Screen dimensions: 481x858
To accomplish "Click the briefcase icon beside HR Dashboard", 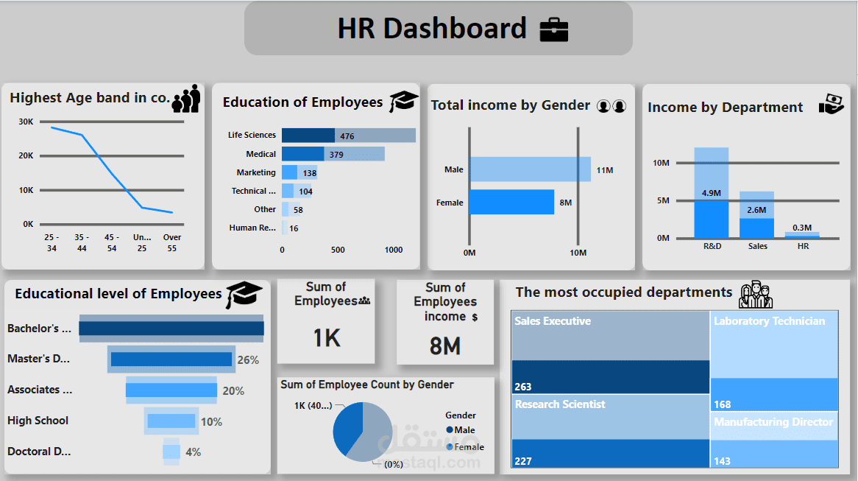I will [554, 29].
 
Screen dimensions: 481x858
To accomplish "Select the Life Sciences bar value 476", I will [347, 136].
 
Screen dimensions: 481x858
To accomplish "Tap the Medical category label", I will [261, 154].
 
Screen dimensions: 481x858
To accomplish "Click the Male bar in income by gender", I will [530, 169].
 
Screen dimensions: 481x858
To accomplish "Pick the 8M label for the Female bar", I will [566, 203].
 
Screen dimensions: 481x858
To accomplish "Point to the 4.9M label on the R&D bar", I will [711, 193].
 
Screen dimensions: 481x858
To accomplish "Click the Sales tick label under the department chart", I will [757, 246].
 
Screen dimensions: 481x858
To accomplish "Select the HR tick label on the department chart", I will [803, 246].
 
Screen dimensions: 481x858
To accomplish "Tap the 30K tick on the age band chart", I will [26, 122].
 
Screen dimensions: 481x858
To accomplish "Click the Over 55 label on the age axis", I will [172, 242].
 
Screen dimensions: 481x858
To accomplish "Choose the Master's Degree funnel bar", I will [171, 359].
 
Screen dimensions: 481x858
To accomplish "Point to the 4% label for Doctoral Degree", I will [193, 452].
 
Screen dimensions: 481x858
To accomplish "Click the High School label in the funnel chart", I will [38, 421].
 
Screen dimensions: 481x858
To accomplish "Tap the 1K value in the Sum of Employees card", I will [326, 338].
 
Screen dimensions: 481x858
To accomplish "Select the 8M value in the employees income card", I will [445, 345].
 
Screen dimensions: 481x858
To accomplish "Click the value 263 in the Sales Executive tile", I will [523, 387].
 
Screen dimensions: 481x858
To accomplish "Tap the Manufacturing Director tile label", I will [773, 422].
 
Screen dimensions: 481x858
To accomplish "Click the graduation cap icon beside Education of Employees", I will [403, 102].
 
